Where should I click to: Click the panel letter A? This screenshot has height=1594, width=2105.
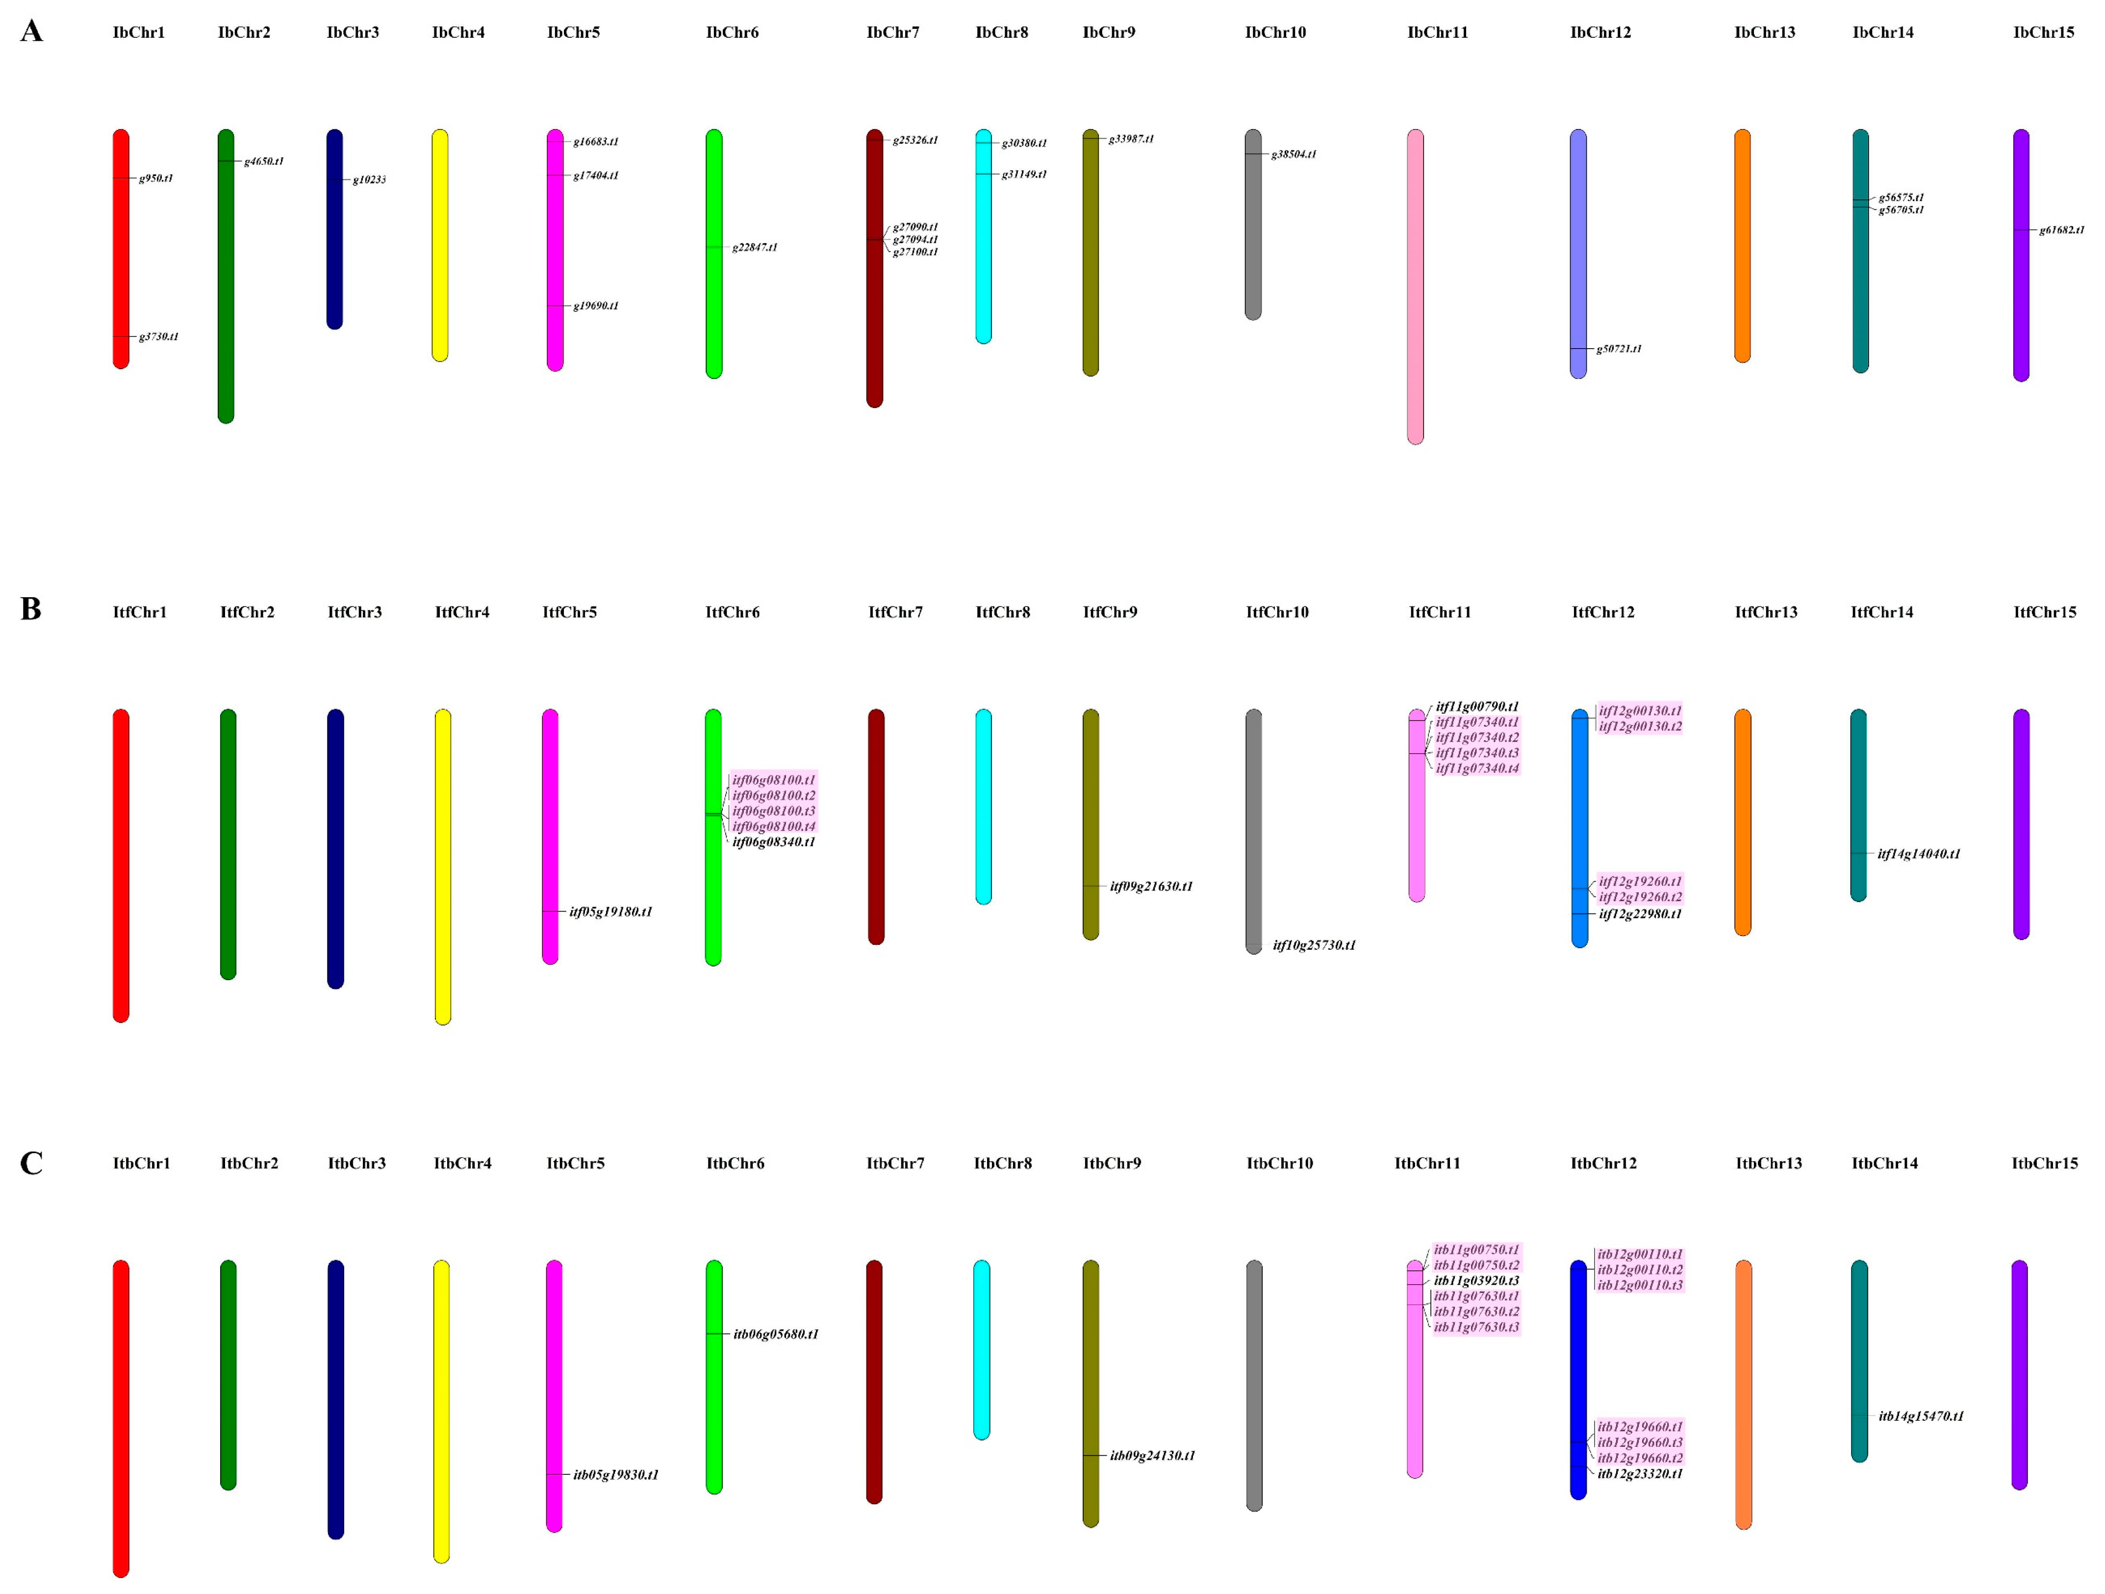tap(31, 31)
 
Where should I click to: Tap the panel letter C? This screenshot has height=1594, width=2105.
tap(31, 1163)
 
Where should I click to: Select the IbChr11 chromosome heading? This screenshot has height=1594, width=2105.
tap(1437, 32)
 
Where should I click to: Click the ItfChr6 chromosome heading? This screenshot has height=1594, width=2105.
tap(732, 612)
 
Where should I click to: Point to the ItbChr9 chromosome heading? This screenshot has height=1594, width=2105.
tap(1112, 1163)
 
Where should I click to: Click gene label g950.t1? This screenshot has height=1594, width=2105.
tap(156, 178)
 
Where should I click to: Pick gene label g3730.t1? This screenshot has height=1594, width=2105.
tap(158, 337)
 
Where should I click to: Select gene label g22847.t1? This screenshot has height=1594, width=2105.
tap(755, 248)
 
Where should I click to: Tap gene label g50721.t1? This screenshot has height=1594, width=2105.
tap(1619, 349)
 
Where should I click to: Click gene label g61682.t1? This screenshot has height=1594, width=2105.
tap(2061, 230)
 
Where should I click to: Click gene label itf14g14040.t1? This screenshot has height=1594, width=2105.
tap(1919, 854)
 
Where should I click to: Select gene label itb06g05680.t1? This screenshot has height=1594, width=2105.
tap(776, 1334)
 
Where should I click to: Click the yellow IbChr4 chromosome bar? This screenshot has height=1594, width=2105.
tap(440, 246)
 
